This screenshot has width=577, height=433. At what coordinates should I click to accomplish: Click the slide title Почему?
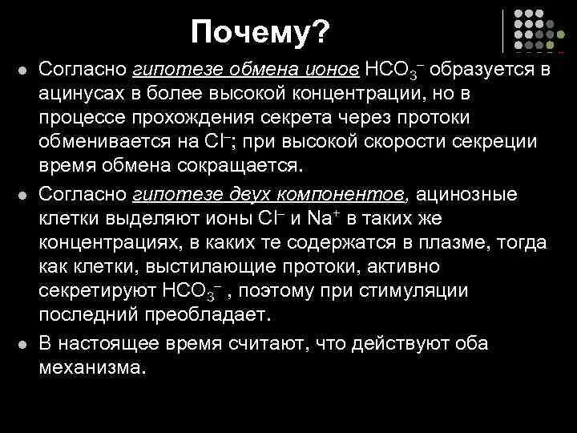coord(260,33)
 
